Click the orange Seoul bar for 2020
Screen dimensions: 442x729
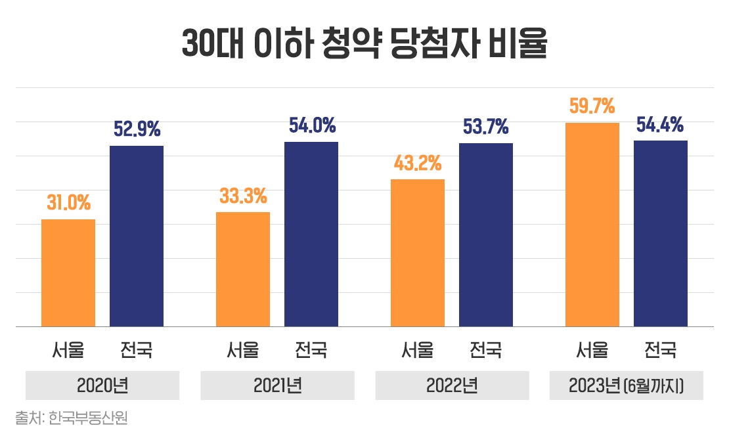[x=68, y=273]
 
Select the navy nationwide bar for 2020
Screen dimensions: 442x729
[x=136, y=236]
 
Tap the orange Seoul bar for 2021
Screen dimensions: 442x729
[x=243, y=269]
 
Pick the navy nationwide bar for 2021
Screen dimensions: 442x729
[x=311, y=234]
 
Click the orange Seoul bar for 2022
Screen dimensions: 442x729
[x=418, y=253]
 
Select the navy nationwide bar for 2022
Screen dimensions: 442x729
[x=485, y=234]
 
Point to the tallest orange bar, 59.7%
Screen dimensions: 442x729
[x=592, y=225]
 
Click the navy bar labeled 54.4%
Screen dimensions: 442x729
[x=660, y=233]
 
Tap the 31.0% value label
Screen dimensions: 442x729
[x=68, y=203]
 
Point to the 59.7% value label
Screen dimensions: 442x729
[x=592, y=106]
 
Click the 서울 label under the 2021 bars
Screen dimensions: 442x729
[x=243, y=350]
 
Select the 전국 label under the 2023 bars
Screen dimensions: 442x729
[x=660, y=350]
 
